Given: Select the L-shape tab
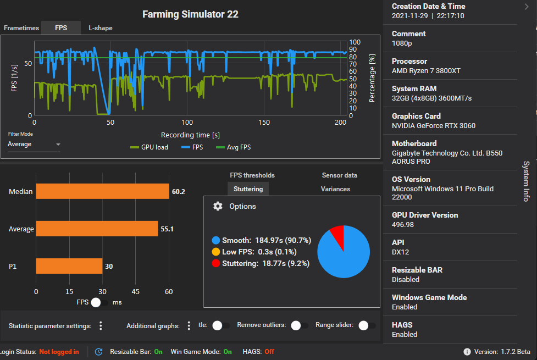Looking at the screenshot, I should [x=101, y=28].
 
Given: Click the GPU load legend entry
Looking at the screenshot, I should [x=150, y=147].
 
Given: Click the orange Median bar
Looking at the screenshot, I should [x=102, y=191].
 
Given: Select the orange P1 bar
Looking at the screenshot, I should [x=69, y=266].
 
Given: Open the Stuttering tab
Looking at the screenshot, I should [x=248, y=189].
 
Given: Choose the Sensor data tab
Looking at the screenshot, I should [x=339, y=175].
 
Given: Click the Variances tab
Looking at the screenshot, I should [x=335, y=189].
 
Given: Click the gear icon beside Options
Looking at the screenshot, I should [x=218, y=206].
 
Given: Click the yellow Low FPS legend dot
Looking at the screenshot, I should [x=216, y=252].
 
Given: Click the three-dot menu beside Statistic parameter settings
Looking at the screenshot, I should [x=101, y=326].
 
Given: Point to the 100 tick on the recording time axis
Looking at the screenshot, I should [x=187, y=123].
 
